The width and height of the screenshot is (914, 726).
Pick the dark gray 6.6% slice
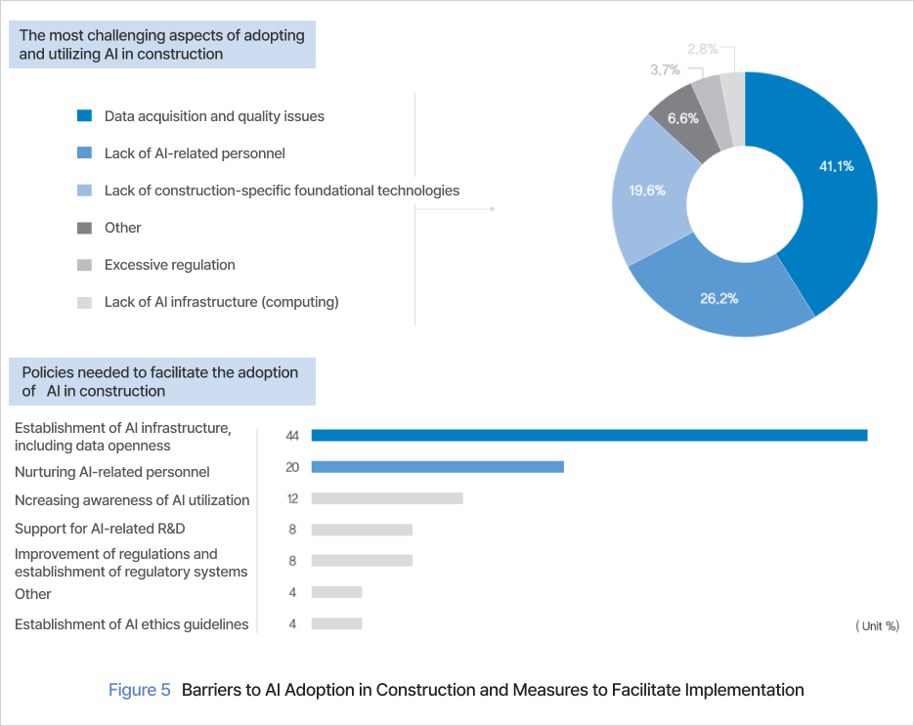(x=681, y=118)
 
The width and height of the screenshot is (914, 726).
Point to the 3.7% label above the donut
(x=666, y=69)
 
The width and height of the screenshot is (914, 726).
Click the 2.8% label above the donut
(x=704, y=48)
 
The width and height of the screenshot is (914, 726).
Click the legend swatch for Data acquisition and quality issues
(x=84, y=116)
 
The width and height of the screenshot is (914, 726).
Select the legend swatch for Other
(x=84, y=228)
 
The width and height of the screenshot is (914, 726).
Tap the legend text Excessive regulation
(x=170, y=265)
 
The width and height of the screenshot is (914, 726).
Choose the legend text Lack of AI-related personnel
(x=195, y=153)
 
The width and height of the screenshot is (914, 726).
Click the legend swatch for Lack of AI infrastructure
(x=84, y=302)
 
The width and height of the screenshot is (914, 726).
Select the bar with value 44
(x=588, y=435)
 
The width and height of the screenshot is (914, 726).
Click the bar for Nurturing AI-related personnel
(x=437, y=467)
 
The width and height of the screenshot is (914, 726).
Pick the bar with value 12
(x=386, y=498)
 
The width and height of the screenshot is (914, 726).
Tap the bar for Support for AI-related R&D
(x=362, y=530)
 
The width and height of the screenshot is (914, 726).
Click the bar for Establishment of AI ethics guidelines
(x=336, y=623)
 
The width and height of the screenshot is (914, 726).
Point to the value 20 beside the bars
(x=292, y=467)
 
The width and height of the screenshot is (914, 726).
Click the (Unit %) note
(x=877, y=625)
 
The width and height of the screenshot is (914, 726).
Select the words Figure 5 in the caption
(x=139, y=690)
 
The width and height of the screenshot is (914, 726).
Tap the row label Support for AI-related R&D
(x=100, y=529)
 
